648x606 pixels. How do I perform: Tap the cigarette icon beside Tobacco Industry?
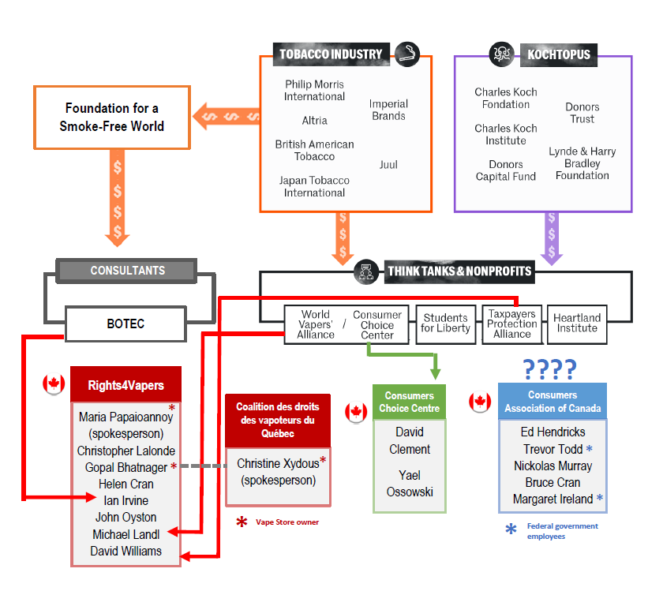pos(407,54)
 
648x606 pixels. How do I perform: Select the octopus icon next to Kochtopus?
pos(501,54)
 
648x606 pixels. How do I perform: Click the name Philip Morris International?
pos(315,90)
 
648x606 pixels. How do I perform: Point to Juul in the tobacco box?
pos(388,165)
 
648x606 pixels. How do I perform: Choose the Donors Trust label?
pos(582,113)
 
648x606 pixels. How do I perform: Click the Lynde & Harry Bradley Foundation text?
pos(582,163)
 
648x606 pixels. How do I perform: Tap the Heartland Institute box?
pos(577,324)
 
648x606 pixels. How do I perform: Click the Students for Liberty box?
pos(445,324)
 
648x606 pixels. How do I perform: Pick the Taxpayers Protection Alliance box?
pos(512,324)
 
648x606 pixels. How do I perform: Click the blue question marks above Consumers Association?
pos(550,368)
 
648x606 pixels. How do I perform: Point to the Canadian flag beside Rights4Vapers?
pos(53,384)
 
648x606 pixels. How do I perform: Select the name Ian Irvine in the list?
pos(126,501)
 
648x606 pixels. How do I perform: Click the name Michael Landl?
pos(126,535)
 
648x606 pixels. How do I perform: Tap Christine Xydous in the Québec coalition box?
pos(277,464)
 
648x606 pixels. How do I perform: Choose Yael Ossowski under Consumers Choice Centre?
pos(410,484)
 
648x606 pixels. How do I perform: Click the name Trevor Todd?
pos(552,449)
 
